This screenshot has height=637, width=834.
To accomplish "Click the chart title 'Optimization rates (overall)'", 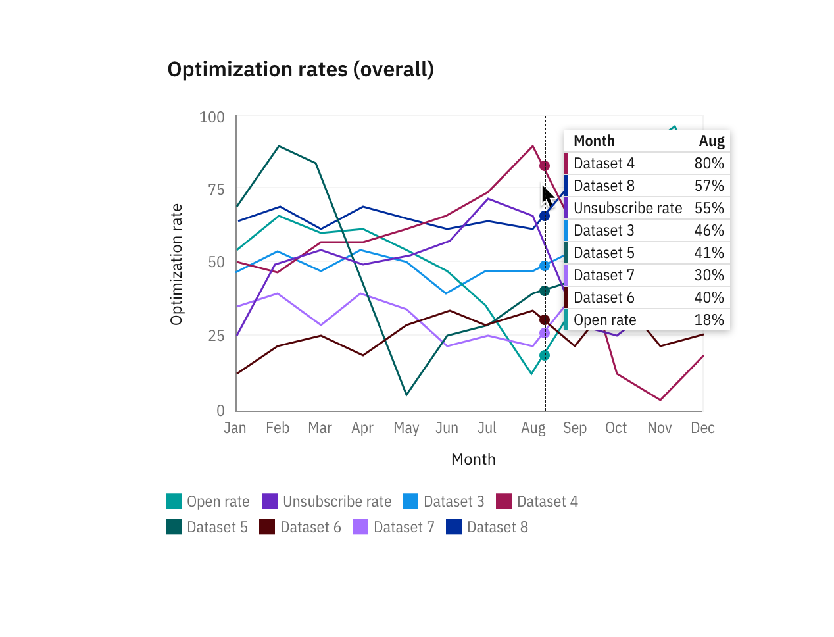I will tap(301, 69).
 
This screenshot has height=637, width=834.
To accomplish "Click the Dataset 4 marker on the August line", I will tap(545, 166).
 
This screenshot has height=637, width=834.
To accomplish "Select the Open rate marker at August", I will tap(545, 355).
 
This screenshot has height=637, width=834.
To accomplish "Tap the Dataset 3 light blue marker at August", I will tap(545, 266).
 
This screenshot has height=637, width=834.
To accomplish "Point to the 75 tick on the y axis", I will tap(216, 190).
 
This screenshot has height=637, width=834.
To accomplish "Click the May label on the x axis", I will tap(406, 428).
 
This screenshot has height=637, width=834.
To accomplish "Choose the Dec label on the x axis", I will tap(702, 428).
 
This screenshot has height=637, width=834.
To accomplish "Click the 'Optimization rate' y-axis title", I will tap(176, 265).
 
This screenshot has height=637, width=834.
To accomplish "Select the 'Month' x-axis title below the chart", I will tap(473, 459).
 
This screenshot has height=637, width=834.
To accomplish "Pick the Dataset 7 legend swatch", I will tap(360, 527).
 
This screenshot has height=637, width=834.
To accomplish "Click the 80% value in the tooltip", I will tap(708, 163).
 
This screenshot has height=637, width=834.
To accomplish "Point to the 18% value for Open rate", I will tap(708, 320).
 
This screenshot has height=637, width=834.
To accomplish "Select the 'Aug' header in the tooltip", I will tap(711, 141).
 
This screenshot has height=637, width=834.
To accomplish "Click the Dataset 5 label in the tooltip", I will tap(604, 253).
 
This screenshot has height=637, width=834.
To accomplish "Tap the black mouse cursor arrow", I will tap(547, 196).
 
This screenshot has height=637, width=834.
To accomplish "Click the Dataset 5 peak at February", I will tap(279, 146).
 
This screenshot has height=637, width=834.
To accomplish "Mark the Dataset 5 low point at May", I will tap(406, 395).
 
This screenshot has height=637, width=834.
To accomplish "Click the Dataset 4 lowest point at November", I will tap(660, 399).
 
